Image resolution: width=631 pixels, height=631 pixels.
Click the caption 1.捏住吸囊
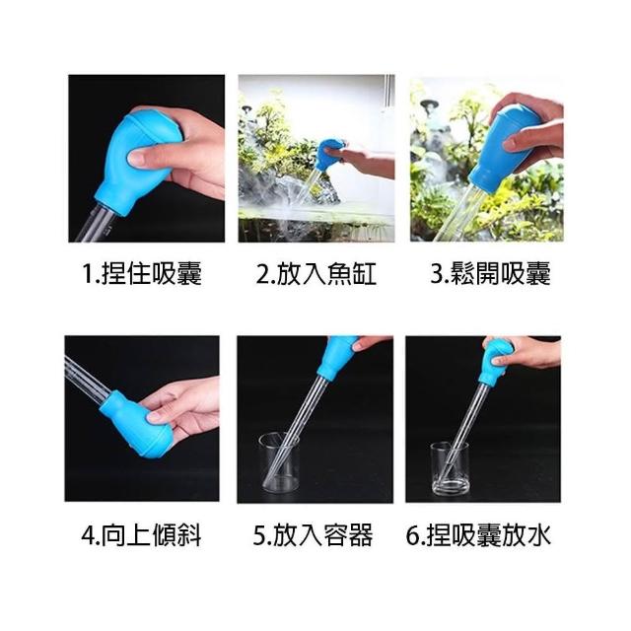[142, 274]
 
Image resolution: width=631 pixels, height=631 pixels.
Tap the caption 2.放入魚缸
[316, 274]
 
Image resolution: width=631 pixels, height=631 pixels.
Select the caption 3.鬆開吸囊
[490, 274]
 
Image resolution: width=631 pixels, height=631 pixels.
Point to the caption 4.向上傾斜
[141, 535]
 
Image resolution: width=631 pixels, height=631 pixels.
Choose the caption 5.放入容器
[314, 535]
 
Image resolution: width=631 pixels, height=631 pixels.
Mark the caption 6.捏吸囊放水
[478, 535]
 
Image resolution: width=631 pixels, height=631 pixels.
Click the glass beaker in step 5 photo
[279, 462]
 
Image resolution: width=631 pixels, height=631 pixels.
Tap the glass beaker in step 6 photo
[450, 469]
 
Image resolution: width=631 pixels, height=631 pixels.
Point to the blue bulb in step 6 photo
[497, 361]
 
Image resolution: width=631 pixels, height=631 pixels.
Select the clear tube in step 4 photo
[87, 378]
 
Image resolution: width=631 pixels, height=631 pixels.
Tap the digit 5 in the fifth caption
[258, 536]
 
